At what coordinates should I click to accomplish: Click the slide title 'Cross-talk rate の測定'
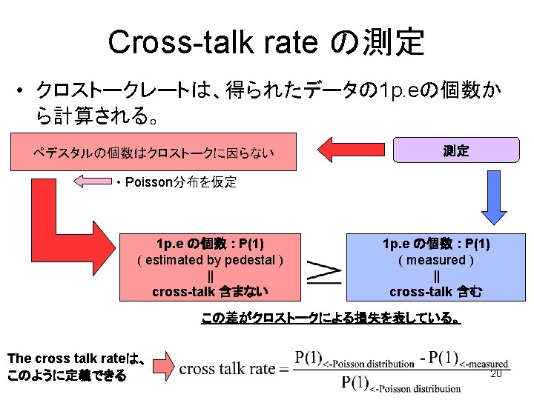pos(266,42)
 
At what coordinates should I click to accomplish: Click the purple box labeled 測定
pos(456,150)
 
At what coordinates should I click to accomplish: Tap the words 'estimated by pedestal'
pos(211,260)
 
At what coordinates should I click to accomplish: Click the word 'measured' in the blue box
pos(436,260)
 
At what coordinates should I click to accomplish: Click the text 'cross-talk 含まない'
pos(210,292)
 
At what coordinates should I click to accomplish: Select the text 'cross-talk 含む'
pos(436,292)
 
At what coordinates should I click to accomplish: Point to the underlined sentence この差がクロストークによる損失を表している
pos(331,319)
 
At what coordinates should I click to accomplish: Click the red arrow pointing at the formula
pos(164,366)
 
